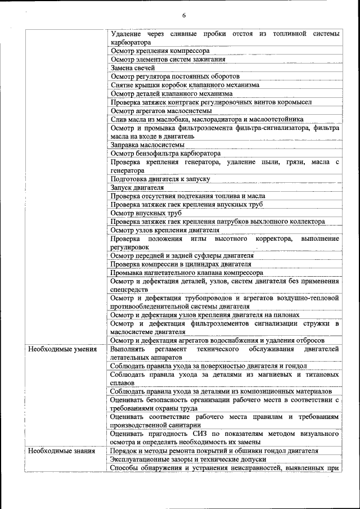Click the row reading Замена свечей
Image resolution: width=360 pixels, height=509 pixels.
tap(133, 67)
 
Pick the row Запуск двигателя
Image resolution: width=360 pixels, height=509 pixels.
tap(137, 187)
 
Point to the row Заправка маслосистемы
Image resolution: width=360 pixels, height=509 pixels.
tap(147, 145)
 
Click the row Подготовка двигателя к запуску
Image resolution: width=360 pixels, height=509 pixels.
tap(160, 179)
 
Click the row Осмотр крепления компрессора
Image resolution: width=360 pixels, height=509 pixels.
tap(160, 51)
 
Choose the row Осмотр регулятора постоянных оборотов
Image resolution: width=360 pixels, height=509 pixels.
tap(175, 76)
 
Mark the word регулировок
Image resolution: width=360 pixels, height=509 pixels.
tap(130, 247)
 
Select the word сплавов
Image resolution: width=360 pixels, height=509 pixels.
tap(123, 382)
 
